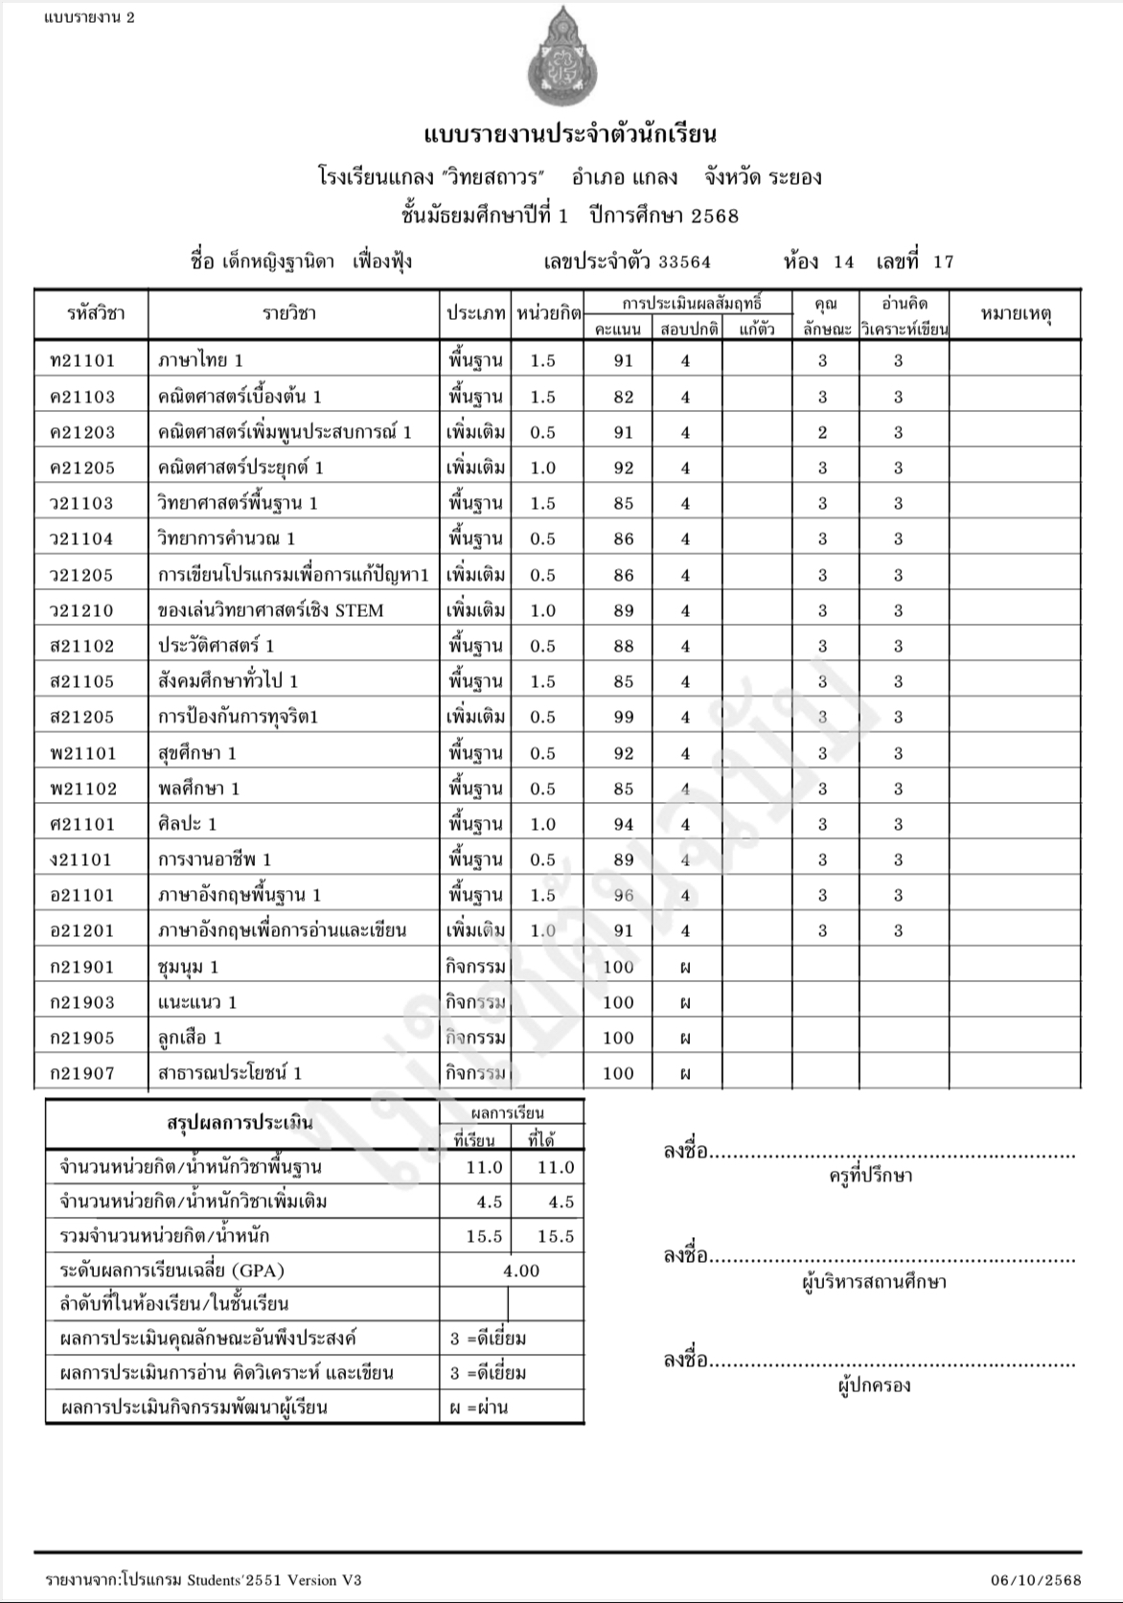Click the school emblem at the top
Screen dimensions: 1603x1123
click(x=562, y=58)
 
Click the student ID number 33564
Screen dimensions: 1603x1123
click(x=684, y=262)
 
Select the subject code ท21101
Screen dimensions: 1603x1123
click(x=82, y=361)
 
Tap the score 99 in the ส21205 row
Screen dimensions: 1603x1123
click(x=624, y=718)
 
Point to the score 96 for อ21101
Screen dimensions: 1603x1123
click(x=624, y=896)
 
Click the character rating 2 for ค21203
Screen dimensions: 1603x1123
click(x=823, y=432)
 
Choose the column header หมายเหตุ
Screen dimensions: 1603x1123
click(x=1015, y=313)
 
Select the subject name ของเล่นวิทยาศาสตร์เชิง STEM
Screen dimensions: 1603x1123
click(x=271, y=610)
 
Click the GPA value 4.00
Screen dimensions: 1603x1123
click(x=521, y=1271)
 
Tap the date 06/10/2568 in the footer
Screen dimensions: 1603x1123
click(x=1036, y=1580)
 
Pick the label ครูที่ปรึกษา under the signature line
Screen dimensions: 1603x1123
click(x=870, y=1176)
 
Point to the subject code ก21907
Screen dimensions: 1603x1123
click(x=82, y=1074)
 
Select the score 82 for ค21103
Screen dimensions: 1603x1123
click(x=624, y=397)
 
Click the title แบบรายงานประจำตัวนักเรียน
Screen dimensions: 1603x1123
click(x=570, y=133)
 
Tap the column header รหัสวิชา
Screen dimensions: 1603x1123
click(x=96, y=313)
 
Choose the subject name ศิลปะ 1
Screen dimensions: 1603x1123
click(x=188, y=824)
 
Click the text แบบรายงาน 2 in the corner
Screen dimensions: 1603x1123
click(x=89, y=16)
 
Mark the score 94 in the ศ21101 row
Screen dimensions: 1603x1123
click(x=624, y=824)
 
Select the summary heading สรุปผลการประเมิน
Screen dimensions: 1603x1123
click(x=240, y=1122)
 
